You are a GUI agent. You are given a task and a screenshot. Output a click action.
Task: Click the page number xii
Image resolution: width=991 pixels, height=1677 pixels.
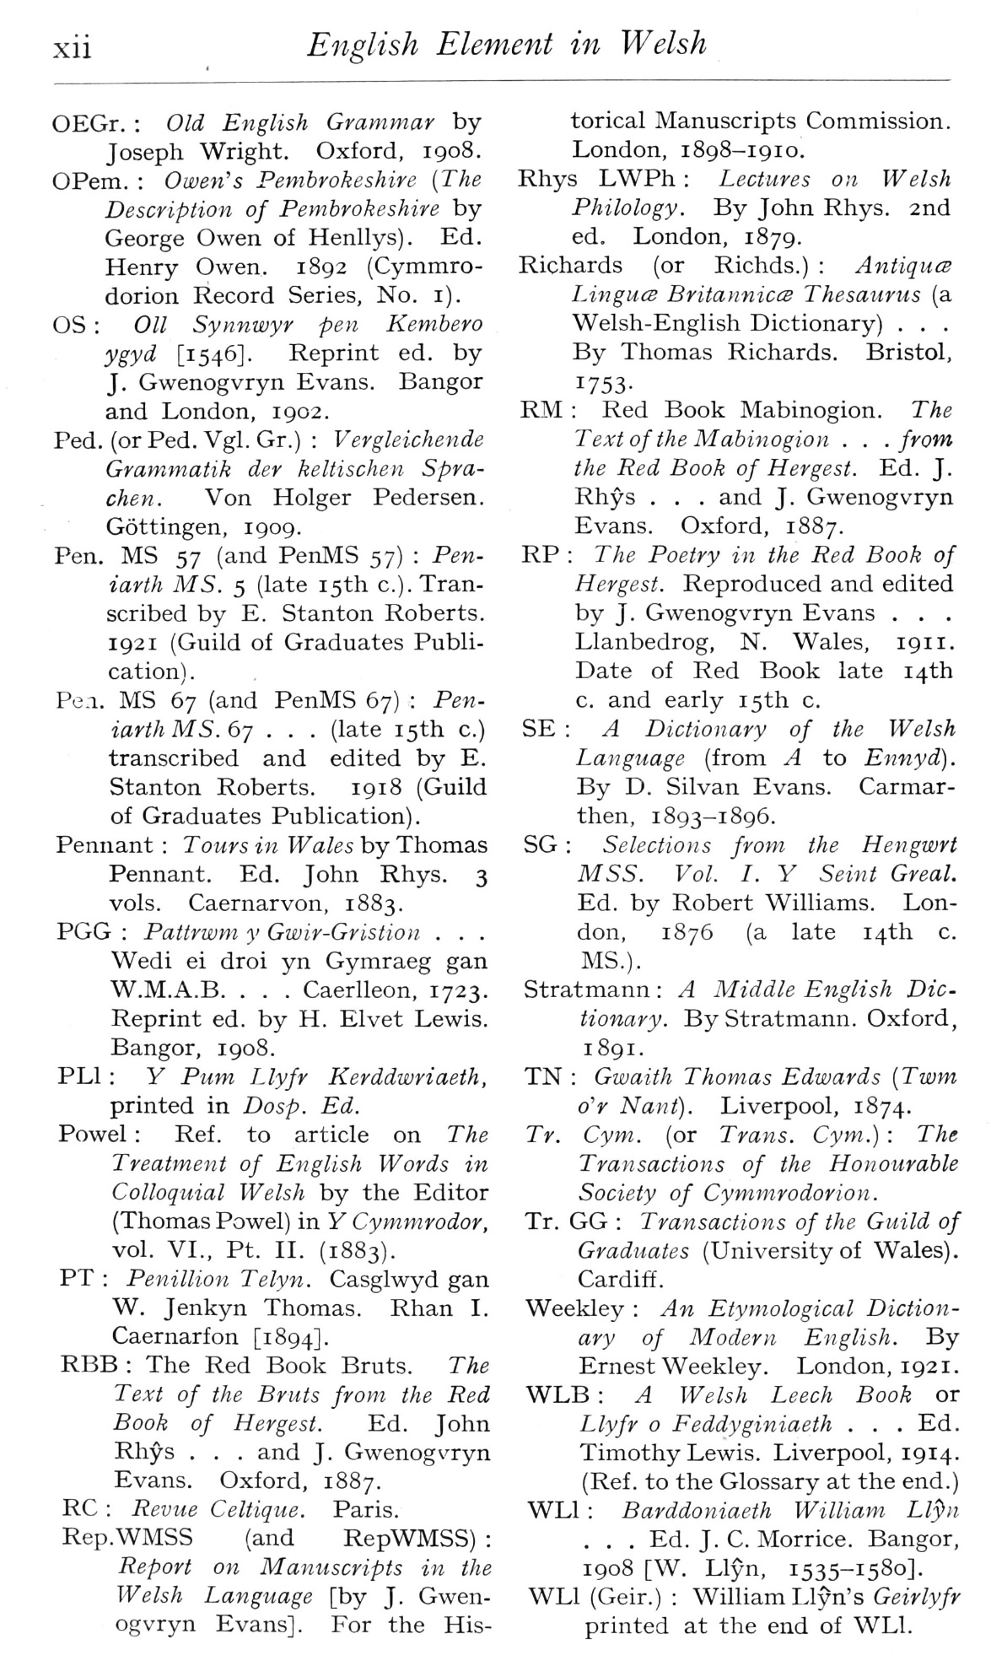click(x=73, y=46)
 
